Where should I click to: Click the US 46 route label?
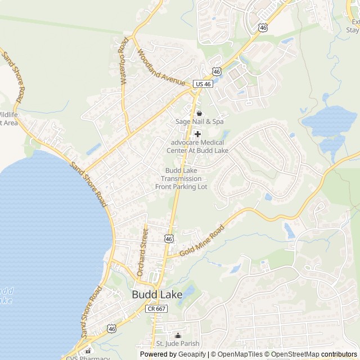pos(202,84)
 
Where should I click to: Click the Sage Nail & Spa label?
pos(199,121)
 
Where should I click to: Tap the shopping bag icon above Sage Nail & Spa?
pos(199,113)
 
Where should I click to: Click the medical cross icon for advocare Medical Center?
pos(197,134)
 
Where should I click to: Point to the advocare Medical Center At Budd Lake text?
pos(199,146)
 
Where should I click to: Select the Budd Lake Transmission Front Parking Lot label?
pos(182,178)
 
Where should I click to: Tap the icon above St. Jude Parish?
pos(178,335)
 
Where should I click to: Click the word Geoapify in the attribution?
pos(192,354)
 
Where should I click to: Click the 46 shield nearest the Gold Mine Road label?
pos(169,239)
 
